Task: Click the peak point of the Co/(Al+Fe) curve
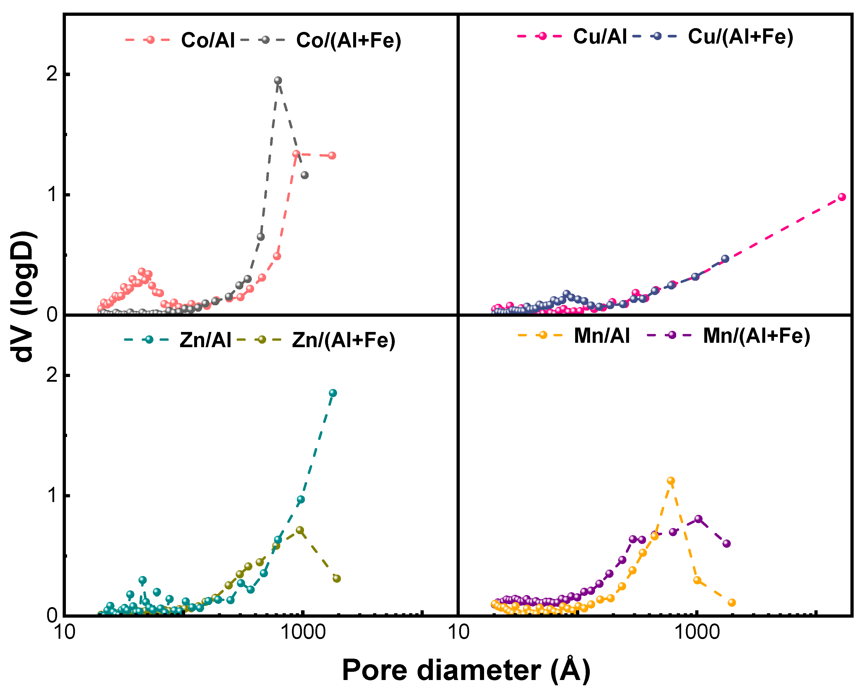click(278, 80)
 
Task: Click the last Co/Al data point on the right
click(332, 155)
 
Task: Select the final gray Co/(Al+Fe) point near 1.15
click(305, 175)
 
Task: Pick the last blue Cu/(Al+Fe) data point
click(725, 259)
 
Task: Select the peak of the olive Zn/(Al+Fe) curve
click(300, 530)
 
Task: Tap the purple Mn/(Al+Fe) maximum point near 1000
click(698, 519)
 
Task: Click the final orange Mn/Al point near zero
click(732, 603)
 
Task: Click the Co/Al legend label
click(208, 40)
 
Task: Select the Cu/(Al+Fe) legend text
click(740, 37)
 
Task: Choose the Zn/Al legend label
click(205, 340)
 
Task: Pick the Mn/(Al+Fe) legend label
click(756, 336)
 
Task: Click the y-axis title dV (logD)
click(23, 297)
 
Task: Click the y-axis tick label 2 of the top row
click(52, 74)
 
